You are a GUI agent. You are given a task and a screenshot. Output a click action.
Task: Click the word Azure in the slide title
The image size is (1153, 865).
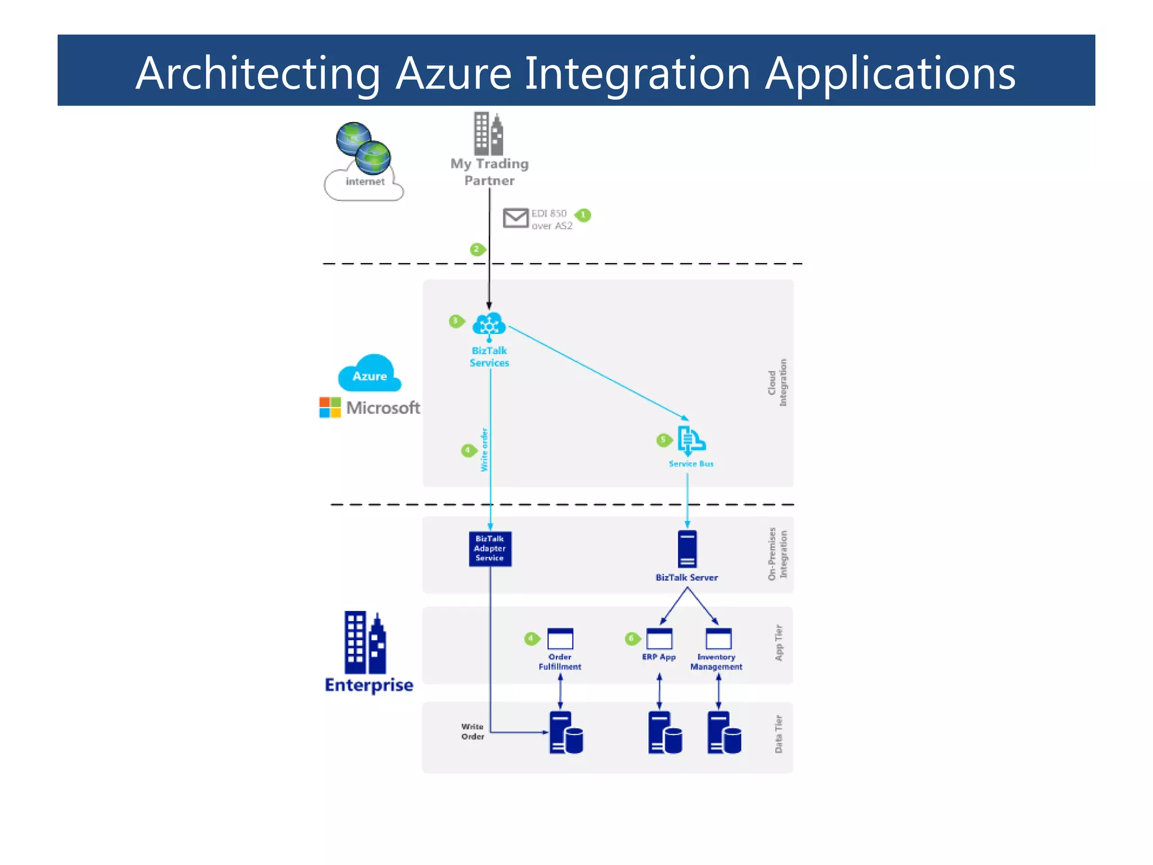(453, 73)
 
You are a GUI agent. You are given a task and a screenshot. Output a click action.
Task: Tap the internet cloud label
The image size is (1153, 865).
(365, 181)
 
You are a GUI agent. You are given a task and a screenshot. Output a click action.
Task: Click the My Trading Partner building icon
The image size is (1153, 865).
(488, 133)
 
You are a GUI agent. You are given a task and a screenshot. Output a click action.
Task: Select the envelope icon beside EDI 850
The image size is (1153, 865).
(515, 217)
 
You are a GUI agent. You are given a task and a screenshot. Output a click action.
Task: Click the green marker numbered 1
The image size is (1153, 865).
(583, 215)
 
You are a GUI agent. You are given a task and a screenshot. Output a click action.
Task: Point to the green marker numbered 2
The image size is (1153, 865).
(477, 249)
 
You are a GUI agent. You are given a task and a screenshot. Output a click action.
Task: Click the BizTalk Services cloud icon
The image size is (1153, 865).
(489, 325)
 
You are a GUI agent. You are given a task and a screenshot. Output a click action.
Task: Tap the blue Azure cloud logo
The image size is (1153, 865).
(369, 373)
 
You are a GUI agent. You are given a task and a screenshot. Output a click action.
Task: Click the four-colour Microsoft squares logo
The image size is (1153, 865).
(330, 407)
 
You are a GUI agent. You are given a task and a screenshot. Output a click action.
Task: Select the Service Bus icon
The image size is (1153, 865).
(690, 440)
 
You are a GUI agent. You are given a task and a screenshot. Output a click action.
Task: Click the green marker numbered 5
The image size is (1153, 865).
(664, 439)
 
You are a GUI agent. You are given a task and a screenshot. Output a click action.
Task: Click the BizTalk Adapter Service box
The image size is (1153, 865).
(490, 549)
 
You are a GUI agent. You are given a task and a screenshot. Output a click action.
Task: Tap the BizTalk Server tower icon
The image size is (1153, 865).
(687, 549)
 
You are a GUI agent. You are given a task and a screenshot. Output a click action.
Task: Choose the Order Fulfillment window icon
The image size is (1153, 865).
(560, 639)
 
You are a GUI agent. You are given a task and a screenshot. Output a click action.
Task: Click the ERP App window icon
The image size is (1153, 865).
(659, 639)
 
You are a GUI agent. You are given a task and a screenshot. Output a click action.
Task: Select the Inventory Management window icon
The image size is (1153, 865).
(718, 639)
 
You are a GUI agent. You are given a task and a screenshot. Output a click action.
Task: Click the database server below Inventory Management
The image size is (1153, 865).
(724, 733)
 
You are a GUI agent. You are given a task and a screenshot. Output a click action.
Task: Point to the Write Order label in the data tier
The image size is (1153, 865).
(472, 732)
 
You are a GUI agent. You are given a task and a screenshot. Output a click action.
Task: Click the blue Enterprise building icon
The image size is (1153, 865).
(365, 643)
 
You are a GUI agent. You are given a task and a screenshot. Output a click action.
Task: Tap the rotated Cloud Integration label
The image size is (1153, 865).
(777, 382)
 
